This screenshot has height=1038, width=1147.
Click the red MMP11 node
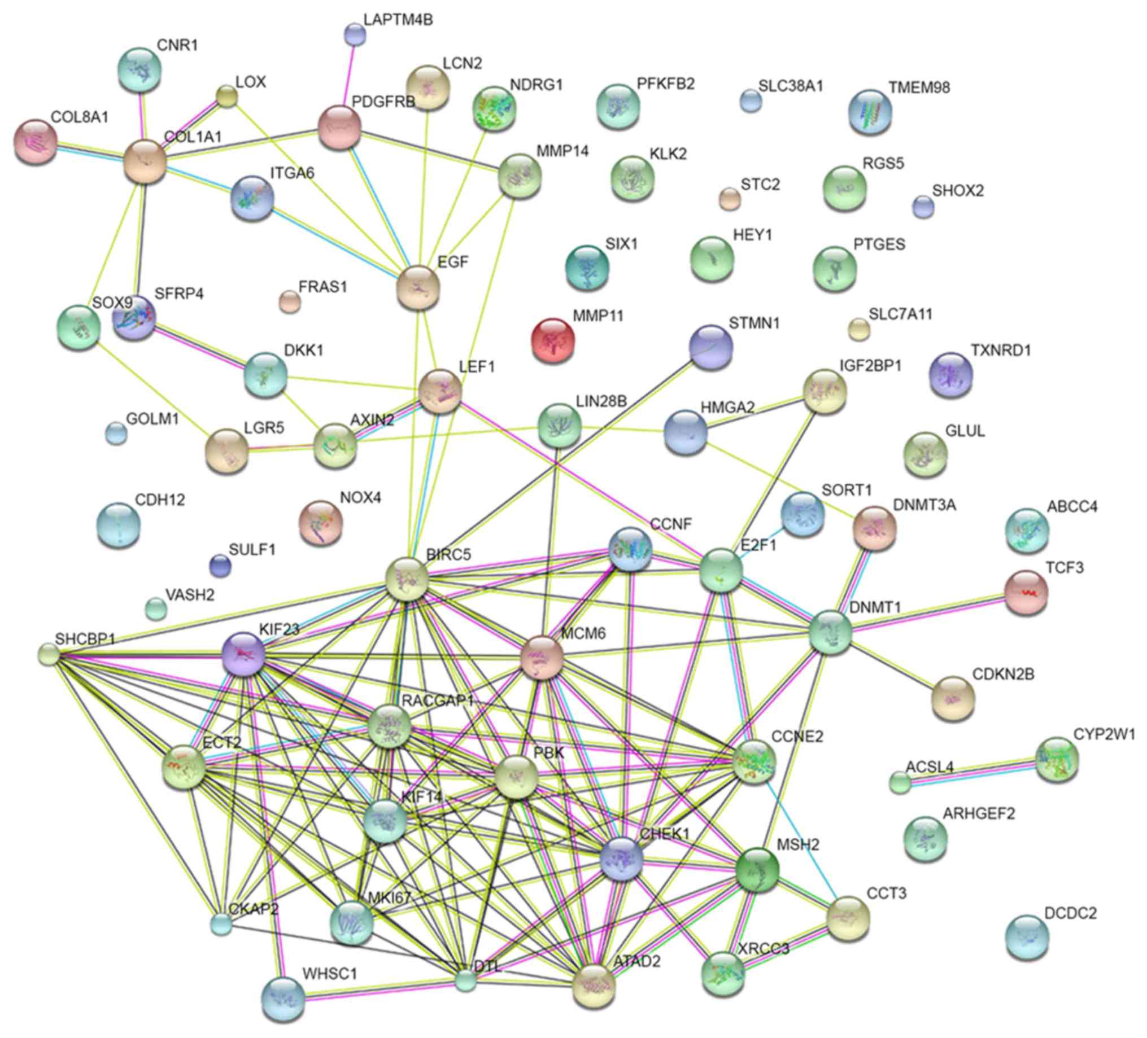tap(552, 340)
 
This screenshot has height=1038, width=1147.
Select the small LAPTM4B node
tap(355, 34)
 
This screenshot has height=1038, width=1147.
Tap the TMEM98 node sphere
tap(870, 112)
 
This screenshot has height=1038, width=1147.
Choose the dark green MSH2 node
tap(757, 869)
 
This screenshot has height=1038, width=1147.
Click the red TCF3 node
tap(1026, 593)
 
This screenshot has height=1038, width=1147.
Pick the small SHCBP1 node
tap(49, 654)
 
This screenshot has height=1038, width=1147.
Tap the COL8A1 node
tap(35, 142)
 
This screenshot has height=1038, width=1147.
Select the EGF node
tap(418, 287)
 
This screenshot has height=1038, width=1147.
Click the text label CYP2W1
tap(1104, 734)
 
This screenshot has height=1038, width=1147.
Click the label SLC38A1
tap(790, 86)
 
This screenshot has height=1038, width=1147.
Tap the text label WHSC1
tap(329, 974)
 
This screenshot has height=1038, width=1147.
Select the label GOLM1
tap(152, 419)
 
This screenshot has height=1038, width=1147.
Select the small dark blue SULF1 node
tap(220, 566)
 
